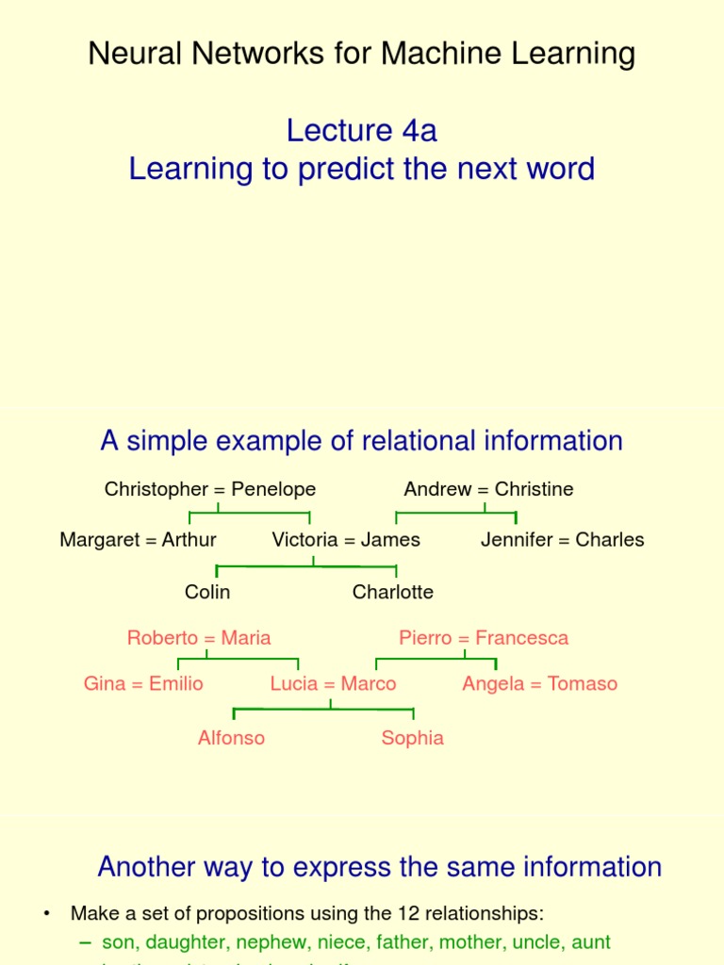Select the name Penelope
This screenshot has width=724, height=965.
pyautogui.click(x=273, y=489)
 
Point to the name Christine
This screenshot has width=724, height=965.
pyautogui.click(x=534, y=489)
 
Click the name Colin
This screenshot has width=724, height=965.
pyautogui.click(x=207, y=592)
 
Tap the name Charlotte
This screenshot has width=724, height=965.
pyautogui.click(x=393, y=592)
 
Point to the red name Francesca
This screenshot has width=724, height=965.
pyautogui.click(x=522, y=638)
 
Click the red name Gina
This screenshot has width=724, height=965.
pyautogui.click(x=104, y=684)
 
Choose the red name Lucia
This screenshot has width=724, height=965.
pyautogui.click(x=293, y=684)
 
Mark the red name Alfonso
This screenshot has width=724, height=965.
pyautogui.click(x=231, y=738)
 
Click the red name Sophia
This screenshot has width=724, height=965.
pyautogui.click(x=412, y=738)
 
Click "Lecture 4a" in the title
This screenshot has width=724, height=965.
pyautogui.click(x=362, y=130)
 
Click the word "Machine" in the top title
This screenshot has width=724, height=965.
pyautogui.click(x=436, y=54)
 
